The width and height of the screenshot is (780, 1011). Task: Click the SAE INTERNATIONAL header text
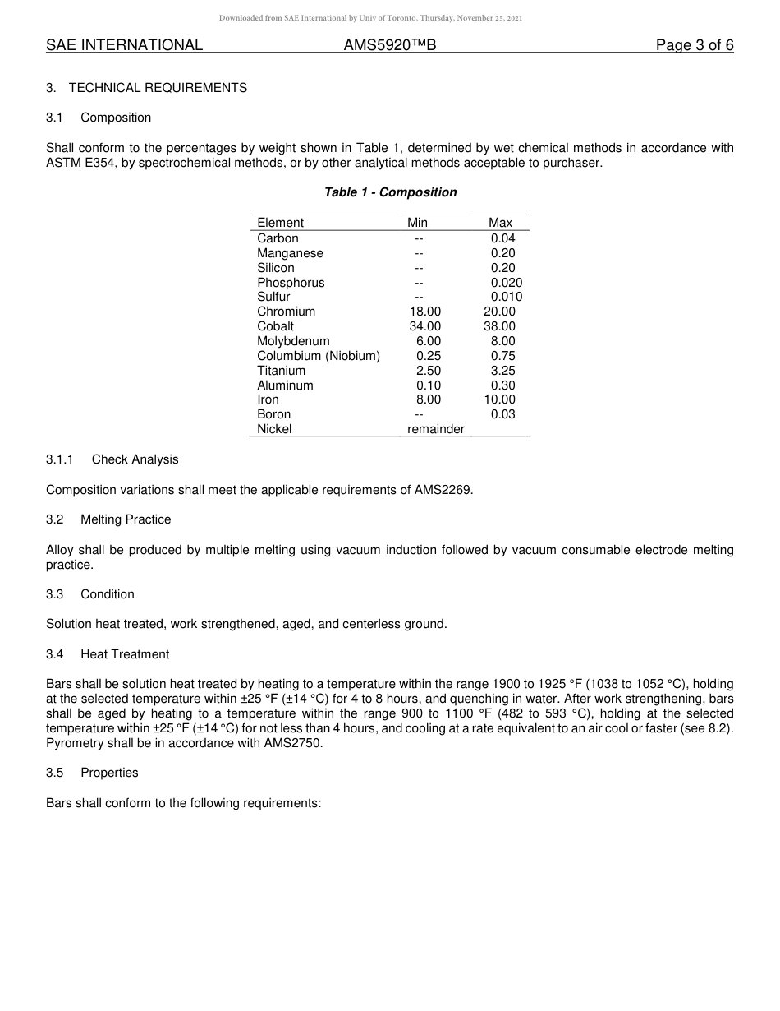pyautogui.click(x=124, y=45)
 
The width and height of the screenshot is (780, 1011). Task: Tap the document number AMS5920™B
pyautogui.click(x=389, y=45)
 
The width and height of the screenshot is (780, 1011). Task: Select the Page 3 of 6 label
pyautogui.click(x=694, y=45)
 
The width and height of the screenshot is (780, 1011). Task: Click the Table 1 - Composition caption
pyautogui.click(x=390, y=192)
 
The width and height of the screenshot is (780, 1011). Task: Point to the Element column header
pyautogui.click(x=280, y=223)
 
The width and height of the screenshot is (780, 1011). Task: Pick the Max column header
pyautogui.click(x=500, y=223)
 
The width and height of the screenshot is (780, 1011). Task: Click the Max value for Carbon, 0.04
pyautogui.click(x=502, y=238)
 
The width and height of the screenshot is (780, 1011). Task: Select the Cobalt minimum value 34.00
pyautogui.click(x=425, y=326)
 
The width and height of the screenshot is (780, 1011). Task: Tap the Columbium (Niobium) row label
pyautogui.click(x=319, y=356)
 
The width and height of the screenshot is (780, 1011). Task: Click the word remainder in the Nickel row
pyautogui.click(x=436, y=429)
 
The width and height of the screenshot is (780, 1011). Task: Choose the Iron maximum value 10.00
pyautogui.click(x=500, y=399)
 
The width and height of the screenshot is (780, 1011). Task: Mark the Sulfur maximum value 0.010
pyautogui.click(x=506, y=297)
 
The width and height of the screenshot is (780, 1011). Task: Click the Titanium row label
pyautogui.click(x=281, y=371)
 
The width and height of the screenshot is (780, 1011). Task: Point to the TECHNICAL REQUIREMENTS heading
pyautogui.click(x=158, y=88)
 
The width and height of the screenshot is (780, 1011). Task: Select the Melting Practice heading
pyautogui.click(x=126, y=519)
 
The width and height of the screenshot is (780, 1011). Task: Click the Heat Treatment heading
pyautogui.click(x=125, y=654)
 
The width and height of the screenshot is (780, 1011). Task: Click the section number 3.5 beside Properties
pyautogui.click(x=55, y=773)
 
